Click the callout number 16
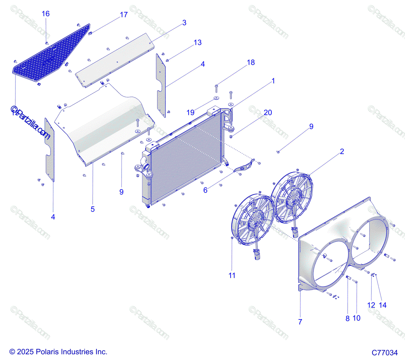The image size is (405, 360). [46, 14]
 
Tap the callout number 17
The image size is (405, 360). [124, 15]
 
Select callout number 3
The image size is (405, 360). [184, 23]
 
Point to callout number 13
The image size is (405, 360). [197, 43]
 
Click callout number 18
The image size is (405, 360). [251, 62]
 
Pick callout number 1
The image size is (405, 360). [273, 81]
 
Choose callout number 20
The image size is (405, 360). [268, 113]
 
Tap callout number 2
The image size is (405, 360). [342, 152]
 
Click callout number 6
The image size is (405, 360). [205, 190]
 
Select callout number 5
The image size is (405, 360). [93, 209]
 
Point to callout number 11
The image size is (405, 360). [232, 276]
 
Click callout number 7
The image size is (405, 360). [300, 322]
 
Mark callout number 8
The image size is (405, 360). [347, 318]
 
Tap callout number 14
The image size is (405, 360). [382, 305]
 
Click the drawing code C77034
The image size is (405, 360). [385, 353]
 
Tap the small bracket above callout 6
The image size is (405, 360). [244, 167]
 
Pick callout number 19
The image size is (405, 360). [191, 112]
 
